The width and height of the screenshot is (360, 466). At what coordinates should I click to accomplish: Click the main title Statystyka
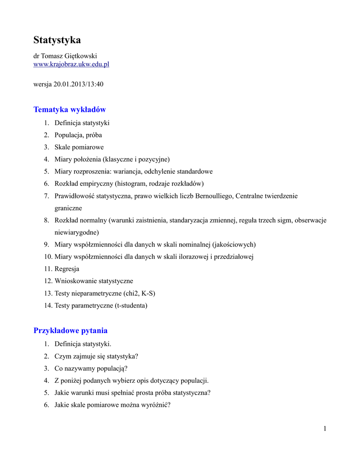coord(57,40)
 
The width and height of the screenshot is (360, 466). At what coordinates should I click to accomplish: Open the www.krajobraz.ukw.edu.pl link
coord(71,64)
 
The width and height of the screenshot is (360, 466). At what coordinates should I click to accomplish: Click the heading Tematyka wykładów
coord(70,109)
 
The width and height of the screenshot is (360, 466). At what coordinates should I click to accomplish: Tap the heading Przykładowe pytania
coord(71,330)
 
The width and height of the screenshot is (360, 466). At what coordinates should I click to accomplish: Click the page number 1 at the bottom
coord(325,428)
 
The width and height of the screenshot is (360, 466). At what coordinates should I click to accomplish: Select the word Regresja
coord(67,269)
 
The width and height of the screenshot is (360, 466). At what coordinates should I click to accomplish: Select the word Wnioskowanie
coord(75,281)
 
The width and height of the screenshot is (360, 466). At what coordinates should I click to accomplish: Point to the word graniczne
coord(68,208)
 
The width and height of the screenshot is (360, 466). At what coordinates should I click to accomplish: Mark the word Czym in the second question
coord(62,356)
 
